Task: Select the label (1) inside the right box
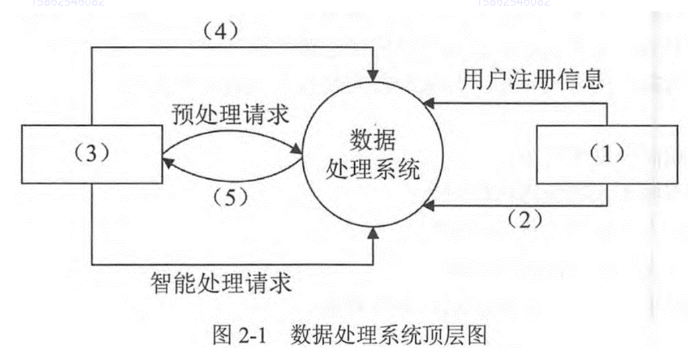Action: pos(607,154)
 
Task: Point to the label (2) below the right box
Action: pos(523,218)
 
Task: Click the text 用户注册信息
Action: pos(532,80)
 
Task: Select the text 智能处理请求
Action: pos(221,281)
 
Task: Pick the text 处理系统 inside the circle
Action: pos(373,169)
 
